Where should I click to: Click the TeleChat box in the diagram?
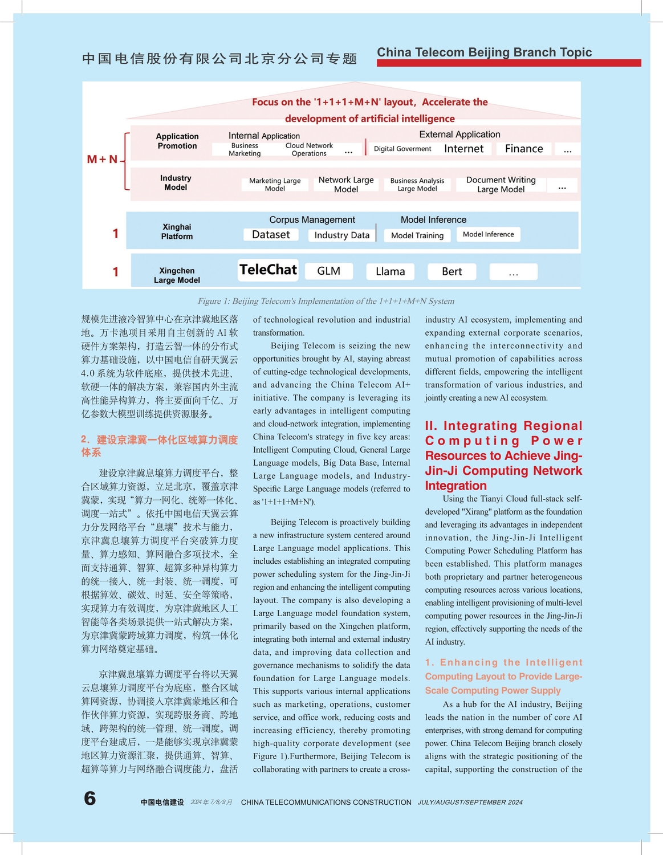(268, 270)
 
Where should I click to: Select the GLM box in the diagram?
(329, 271)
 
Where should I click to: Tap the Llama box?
(391, 272)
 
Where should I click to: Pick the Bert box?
(452, 272)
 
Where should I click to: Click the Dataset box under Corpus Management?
(271, 235)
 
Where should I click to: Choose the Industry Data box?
(342, 235)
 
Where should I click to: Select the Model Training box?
(417, 235)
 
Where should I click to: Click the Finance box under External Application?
(524, 149)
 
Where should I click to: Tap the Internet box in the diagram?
(463, 149)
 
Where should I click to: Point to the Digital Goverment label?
(402, 149)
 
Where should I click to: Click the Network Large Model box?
(346, 185)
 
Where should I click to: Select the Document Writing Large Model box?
(501, 185)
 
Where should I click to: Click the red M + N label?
(102, 160)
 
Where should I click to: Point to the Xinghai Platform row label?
(177, 231)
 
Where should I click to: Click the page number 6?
(90, 798)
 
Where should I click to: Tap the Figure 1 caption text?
(326, 302)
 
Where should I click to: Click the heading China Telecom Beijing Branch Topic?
(484, 52)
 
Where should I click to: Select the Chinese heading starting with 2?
(159, 446)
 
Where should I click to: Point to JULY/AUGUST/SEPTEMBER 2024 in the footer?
(470, 803)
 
